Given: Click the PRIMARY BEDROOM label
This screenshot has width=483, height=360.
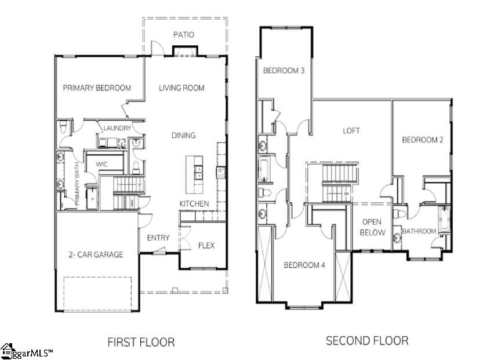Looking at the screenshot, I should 97,88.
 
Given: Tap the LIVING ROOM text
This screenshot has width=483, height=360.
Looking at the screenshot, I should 181,88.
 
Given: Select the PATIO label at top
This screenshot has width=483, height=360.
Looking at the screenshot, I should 183,35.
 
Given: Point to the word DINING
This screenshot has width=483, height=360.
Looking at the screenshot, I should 183,135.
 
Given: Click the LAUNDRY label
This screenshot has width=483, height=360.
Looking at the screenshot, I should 117,128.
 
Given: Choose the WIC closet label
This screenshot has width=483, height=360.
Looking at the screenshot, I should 101,165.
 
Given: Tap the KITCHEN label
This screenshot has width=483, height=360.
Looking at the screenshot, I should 194,203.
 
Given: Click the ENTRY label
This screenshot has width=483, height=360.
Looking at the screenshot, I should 158,238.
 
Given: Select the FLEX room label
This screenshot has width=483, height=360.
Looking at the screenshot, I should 206,245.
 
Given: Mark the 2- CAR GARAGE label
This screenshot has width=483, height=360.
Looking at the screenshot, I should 96,254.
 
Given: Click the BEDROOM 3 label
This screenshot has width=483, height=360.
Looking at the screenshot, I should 284,71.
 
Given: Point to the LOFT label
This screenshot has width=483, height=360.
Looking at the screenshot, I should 351,130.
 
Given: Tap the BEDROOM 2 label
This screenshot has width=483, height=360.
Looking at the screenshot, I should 423,140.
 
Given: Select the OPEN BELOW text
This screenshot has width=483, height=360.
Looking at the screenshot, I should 371,227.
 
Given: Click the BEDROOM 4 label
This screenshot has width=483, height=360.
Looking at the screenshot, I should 304,265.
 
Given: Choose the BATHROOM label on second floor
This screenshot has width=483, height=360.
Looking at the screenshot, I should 419,231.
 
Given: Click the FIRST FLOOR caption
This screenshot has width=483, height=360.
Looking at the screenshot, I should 141,342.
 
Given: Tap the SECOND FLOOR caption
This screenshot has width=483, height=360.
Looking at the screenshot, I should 366,340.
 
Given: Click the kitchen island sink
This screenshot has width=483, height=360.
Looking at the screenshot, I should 197,170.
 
